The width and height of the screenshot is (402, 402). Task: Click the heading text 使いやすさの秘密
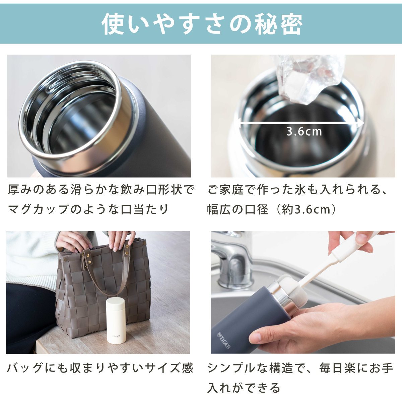(202, 24)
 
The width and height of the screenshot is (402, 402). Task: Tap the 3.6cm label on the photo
(304, 132)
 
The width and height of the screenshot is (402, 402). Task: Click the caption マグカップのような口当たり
(88, 209)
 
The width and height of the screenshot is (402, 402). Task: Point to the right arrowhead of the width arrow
(360, 123)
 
